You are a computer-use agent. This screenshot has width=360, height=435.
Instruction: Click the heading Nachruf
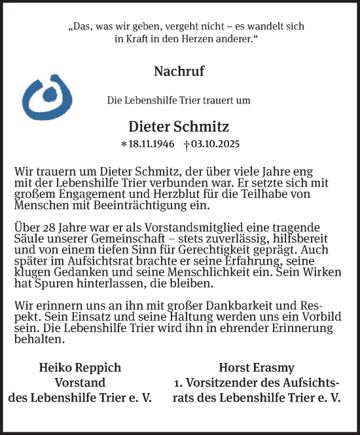[x=179, y=71]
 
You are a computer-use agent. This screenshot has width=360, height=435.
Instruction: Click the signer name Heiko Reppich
[x=80, y=368]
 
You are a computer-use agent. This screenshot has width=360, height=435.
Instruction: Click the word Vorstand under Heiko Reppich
[x=80, y=383]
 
